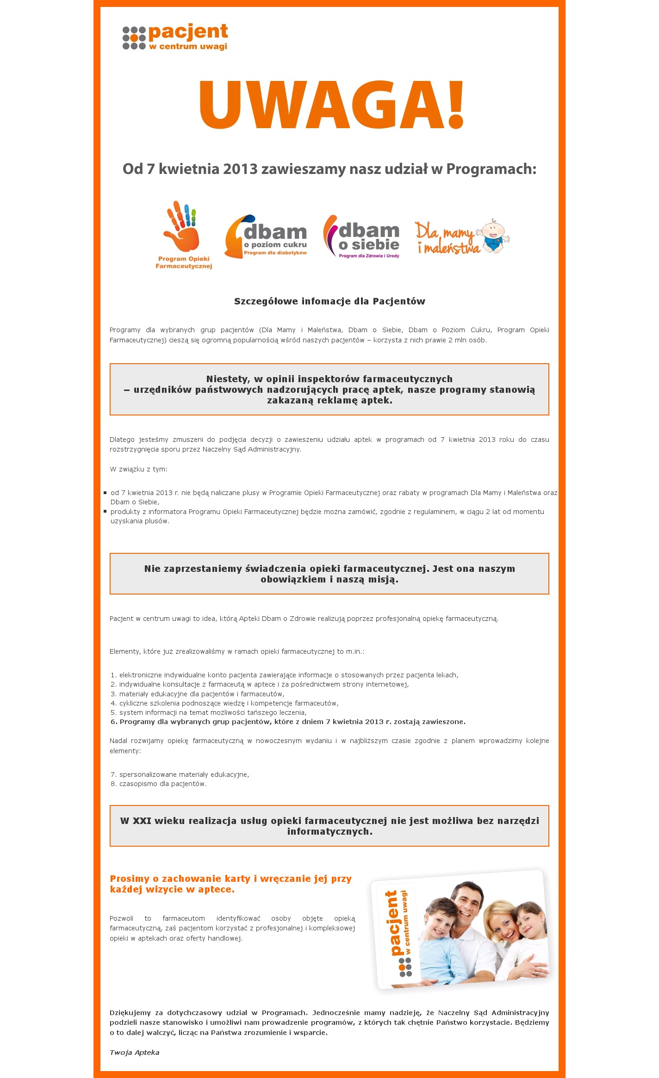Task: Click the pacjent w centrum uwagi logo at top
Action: click(x=175, y=37)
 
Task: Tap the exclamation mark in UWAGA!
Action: click(x=455, y=105)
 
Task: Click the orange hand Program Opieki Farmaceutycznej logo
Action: click(x=183, y=235)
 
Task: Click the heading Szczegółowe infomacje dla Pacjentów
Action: click(x=329, y=302)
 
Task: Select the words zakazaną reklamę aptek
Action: click(x=329, y=401)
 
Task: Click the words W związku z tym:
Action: click(x=138, y=469)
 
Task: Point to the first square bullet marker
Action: click(x=105, y=493)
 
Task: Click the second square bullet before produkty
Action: click(x=105, y=511)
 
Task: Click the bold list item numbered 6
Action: click(x=287, y=722)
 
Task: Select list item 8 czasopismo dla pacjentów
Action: click(x=158, y=784)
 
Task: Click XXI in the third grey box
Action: click(x=142, y=821)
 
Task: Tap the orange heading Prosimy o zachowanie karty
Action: click(x=230, y=879)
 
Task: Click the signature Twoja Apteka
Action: click(x=134, y=1053)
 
